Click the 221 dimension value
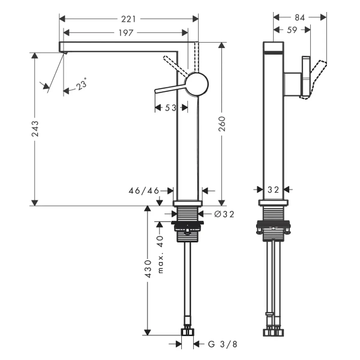coord(128,19)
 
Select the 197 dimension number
coord(126,33)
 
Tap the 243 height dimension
coord(35,128)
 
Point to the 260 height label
coord(222,124)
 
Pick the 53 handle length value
coord(170,107)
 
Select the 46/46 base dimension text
coord(144,191)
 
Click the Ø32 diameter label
coord(224,214)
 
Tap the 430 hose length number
coord(148,269)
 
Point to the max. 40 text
coord(160,254)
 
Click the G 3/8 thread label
coord(222,344)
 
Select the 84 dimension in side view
coord(299,17)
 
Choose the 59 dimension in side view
coord(292,30)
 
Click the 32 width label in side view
coord(273,190)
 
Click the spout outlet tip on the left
coord(65,53)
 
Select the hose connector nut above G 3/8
coord(188,332)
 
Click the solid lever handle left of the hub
coord(170,89)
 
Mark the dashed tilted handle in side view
coord(314,80)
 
